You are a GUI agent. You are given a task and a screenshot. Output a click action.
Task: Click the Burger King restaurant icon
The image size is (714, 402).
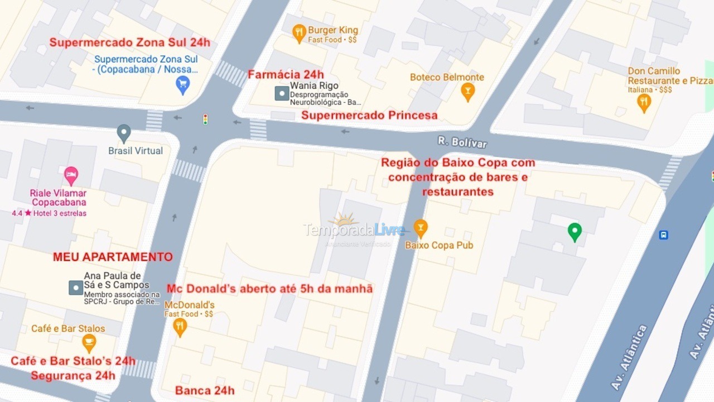point(299,32)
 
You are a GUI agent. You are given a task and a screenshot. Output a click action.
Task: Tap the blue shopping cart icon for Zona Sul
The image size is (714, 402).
point(182,84)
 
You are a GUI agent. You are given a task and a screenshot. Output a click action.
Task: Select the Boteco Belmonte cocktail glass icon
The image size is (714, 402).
point(467,91)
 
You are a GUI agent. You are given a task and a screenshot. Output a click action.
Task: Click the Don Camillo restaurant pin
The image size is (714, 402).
point(644,102)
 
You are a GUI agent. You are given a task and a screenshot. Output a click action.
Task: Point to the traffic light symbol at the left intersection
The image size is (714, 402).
point(205,119)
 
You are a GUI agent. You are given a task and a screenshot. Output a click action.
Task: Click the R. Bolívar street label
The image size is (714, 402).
point(462,142)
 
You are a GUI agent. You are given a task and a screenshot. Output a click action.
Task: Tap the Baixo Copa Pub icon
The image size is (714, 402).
point(421,228)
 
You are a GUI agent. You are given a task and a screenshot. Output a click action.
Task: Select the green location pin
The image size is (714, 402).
point(575,231)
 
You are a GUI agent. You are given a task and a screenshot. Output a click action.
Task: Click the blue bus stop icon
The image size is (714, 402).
point(663,235)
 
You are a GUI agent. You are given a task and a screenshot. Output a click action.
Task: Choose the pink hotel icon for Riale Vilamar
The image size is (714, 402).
point(70,175)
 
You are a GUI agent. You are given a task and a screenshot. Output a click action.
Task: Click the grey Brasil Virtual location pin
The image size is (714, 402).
point(124,133)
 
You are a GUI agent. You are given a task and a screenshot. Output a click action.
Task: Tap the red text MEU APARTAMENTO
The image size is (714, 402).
point(113,257)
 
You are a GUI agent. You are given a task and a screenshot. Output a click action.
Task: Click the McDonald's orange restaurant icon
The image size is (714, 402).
point(180,327)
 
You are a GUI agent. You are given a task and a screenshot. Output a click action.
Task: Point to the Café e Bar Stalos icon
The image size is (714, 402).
point(89,342)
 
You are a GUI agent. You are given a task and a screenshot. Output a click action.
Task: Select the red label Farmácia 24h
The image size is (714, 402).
point(286,75)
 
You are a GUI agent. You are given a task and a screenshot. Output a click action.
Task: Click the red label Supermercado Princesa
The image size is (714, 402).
point(369,116)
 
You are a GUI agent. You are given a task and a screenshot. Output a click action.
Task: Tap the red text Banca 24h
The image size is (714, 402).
point(205,391)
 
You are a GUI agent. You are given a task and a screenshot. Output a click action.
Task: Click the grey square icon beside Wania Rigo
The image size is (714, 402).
point(282,94)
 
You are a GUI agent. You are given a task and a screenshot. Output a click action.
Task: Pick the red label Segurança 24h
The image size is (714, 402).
point(73,376)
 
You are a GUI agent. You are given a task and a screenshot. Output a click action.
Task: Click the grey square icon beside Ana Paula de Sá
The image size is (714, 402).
point(76,288)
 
